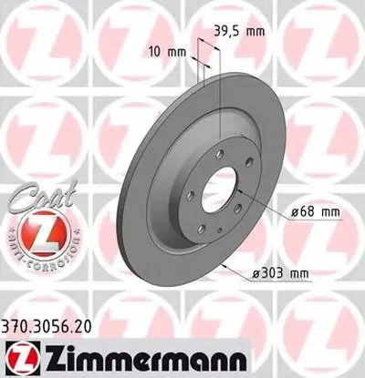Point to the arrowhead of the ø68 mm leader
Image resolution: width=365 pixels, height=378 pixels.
coord(239,194)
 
